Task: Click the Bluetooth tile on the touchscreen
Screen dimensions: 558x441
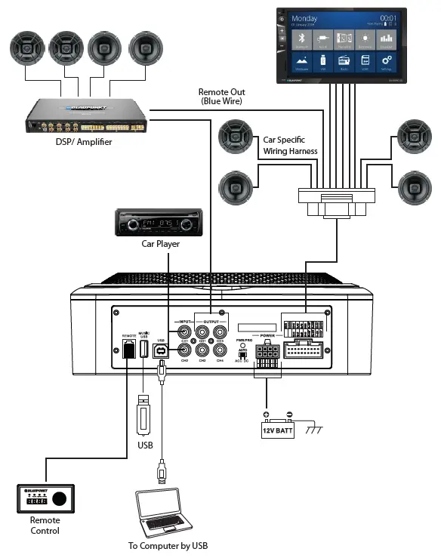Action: pos(301,39)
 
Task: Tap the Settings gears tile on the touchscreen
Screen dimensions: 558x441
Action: pos(386,62)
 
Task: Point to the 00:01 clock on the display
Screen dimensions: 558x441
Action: pos(388,17)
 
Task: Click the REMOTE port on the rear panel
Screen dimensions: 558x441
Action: pos(128,349)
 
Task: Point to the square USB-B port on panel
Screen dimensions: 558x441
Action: pos(161,349)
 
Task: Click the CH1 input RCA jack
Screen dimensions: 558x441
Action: pos(183,330)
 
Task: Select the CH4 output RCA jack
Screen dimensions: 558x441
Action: pos(220,350)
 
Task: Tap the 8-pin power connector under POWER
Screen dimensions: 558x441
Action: pos(266,353)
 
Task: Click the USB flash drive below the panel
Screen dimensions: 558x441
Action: pos(144,418)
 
